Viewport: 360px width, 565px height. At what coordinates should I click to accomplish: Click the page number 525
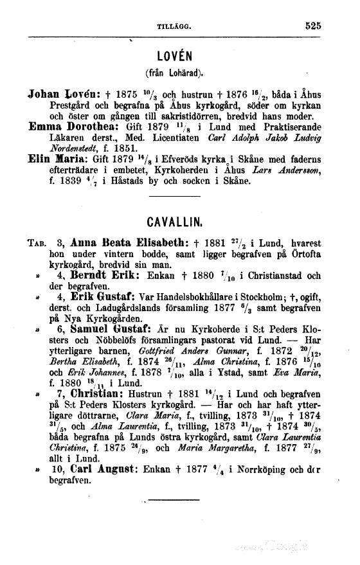[312, 26]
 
